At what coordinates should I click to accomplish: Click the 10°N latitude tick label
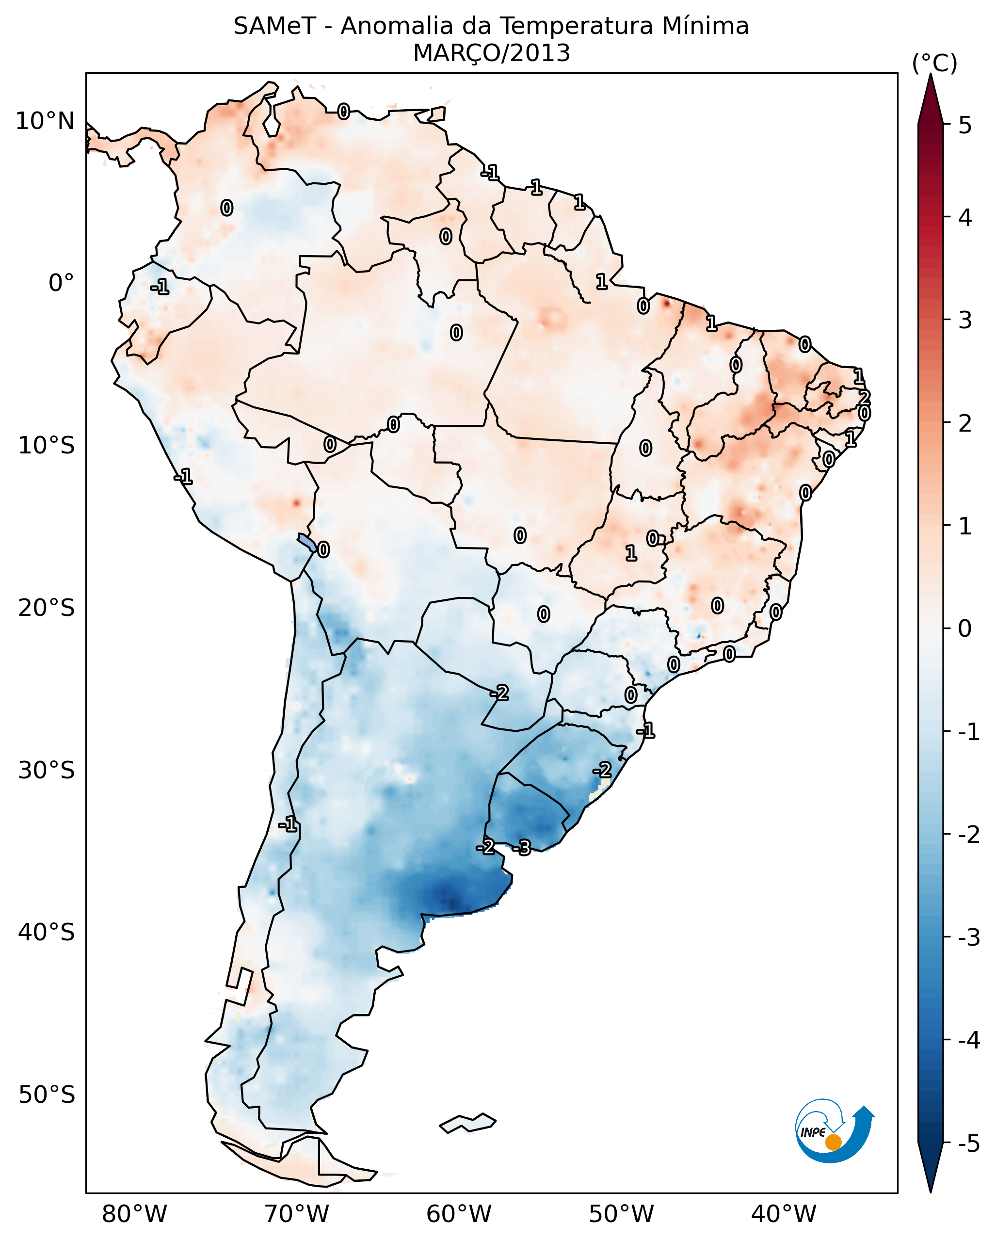[45, 121]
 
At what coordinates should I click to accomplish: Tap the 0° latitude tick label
[61, 283]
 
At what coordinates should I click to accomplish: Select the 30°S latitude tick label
[46, 770]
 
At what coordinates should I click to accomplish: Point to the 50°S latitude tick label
[46, 1095]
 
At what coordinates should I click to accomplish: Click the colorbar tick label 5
[965, 125]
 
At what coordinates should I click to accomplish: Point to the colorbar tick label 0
[965, 628]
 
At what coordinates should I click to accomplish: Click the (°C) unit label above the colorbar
[934, 64]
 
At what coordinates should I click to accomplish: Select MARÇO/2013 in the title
[491, 53]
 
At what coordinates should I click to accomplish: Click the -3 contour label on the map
[522, 847]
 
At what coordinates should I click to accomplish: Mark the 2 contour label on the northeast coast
[864, 397]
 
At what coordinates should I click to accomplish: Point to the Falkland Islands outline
[467, 1123]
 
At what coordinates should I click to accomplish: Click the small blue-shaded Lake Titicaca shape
[306, 542]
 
